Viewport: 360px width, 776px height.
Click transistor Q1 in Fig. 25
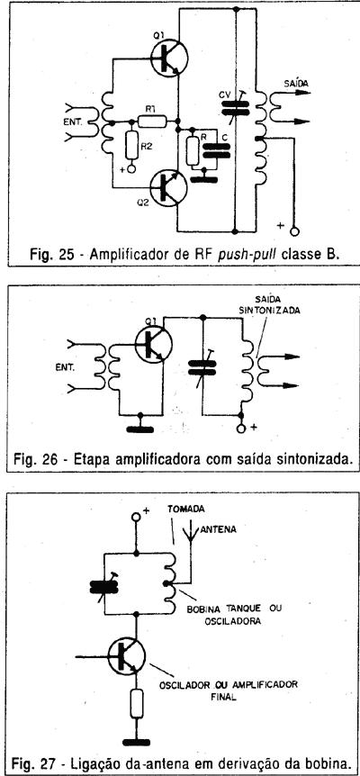(169, 59)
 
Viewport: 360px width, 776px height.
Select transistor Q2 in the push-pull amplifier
(169, 187)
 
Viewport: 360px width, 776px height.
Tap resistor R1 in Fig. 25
(152, 121)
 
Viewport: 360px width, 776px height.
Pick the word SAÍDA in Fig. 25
(296, 84)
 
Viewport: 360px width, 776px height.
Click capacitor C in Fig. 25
(217, 150)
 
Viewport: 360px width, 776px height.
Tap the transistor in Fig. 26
(153, 345)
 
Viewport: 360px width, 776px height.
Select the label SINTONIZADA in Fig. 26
(281, 311)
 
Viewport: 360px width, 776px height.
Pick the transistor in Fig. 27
(127, 655)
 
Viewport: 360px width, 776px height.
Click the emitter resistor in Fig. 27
(136, 702)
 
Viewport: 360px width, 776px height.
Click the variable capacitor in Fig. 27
(104, 587)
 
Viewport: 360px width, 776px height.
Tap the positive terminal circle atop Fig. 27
(136, 517)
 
